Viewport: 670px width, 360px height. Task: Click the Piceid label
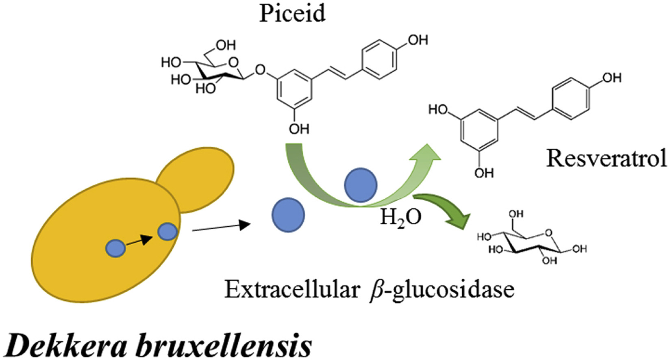pos(292,13)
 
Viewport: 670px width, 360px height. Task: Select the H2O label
pos(400,218)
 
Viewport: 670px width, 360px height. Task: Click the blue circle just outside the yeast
pos(288,215)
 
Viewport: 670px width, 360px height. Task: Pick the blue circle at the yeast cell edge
pos(167,232)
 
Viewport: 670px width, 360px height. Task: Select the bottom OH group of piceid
pos(299,129)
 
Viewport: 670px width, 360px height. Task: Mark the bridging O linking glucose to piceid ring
pos(261,71)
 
